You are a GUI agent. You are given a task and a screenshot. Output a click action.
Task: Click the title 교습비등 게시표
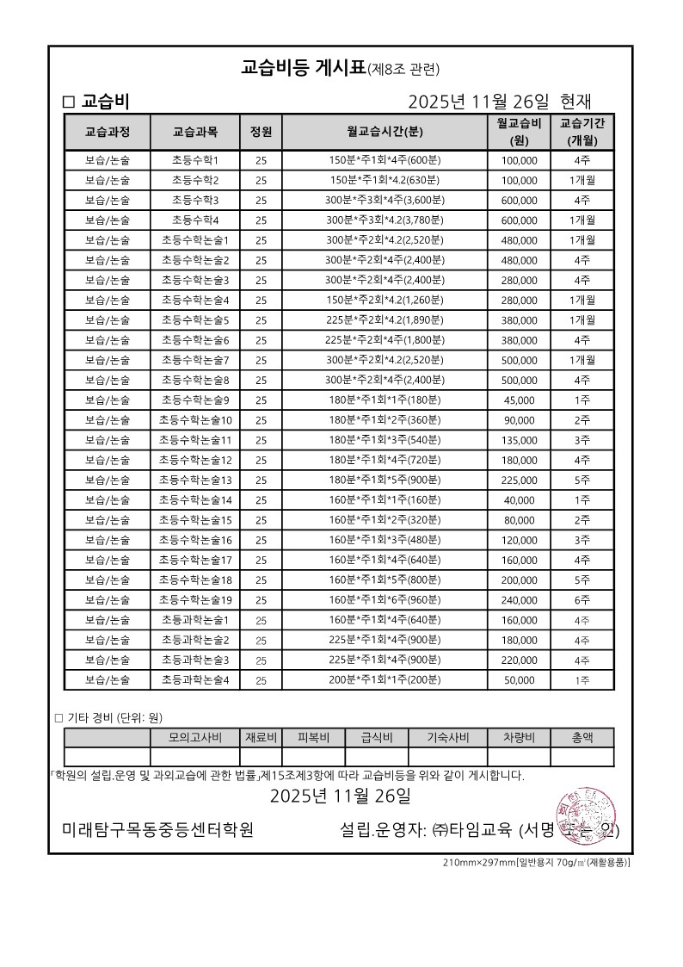(x=303, y=67)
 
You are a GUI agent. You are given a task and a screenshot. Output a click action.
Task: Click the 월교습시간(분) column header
(x=385, y=132)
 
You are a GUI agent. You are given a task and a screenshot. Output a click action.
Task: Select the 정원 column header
(x=261, y=132)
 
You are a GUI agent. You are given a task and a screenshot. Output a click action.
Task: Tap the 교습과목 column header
(x=194, y=132)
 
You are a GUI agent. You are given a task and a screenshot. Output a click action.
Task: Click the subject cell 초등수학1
(x=194, y=160)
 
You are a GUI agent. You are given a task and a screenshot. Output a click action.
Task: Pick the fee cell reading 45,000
(x=519, y=400)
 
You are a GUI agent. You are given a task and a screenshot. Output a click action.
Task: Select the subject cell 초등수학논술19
(x=194, y=600)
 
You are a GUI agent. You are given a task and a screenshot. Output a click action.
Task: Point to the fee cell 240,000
(x=519, y=600)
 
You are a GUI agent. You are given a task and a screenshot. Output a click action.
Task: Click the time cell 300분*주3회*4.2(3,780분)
(x=385, y=220)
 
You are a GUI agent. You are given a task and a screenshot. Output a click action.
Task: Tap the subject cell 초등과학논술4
(x=194, y=680)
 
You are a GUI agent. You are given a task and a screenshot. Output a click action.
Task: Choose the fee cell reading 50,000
(x=519, y=680)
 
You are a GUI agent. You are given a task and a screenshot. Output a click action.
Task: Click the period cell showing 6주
(x=582, y=600)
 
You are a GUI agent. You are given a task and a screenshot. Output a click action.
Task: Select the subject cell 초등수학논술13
(x=194, y=480)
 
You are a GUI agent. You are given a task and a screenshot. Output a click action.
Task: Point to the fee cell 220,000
(x=519, y=660)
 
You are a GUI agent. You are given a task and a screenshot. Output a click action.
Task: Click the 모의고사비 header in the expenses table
(x=194, y=737)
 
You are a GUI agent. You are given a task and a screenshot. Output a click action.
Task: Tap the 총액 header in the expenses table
(x=582, y=737)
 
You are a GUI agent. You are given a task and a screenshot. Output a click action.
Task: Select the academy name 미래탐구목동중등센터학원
(x=157, y=831)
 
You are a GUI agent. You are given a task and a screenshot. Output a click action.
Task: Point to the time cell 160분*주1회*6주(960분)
(x=385, y=600)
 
